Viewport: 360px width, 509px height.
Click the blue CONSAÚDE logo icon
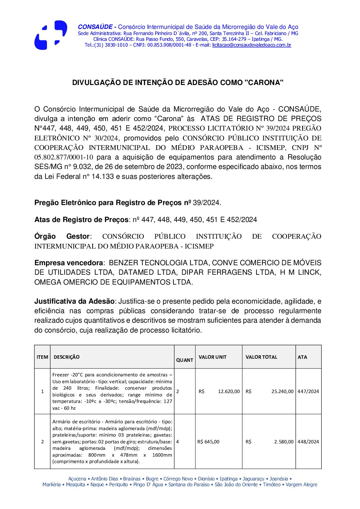(x=51, y=35)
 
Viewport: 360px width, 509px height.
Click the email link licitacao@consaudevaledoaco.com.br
(x=251, y=45)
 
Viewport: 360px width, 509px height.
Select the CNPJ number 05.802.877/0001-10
(x=64, y=157)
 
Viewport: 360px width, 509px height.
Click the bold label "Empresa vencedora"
(x=68, y=263)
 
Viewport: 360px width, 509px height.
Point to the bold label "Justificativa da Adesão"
(x=74, y=301)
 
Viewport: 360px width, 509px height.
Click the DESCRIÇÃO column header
(x=67, y=357)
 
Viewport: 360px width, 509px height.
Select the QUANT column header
(x=184, y=360)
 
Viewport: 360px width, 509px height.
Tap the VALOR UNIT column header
(x=212, y=357)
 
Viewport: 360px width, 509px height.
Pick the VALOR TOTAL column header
(x=261, y=357)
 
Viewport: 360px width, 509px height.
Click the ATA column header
(x=302, y=357)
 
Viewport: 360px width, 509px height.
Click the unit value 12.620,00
(x=229, y=391)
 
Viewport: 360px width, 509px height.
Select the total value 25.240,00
(x=282, y=391)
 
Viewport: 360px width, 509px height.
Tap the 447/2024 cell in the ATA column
(x=308, y=391)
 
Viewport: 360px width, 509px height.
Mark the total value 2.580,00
(x=284, y=442)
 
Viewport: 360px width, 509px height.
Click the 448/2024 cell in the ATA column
(x=308, y=442)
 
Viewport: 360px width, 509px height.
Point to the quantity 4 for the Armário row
(x=178, y=442)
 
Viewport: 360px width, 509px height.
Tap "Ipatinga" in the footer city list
(x=228, y=479)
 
